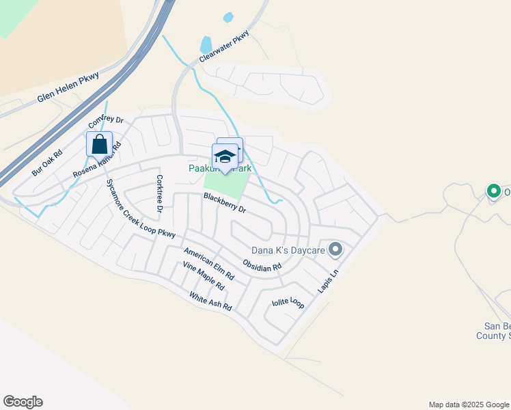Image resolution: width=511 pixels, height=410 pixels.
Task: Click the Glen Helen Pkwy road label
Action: pos(68,88)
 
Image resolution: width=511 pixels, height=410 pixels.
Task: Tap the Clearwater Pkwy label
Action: pos(225,47)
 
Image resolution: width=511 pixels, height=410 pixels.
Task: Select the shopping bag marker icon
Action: pos(99,145)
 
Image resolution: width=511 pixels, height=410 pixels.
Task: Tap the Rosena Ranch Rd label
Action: pos(97,161)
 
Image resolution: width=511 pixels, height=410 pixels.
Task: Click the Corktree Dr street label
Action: pos(158,194)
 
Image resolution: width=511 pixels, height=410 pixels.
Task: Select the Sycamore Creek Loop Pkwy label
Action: pos(141,208)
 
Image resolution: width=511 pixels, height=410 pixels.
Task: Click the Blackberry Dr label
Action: pos(224,204)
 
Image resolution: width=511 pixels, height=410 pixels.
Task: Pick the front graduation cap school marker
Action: pos(225,157)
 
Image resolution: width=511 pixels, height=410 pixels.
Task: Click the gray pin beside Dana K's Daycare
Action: pos(335,250)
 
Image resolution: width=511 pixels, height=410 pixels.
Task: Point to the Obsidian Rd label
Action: pos(262,265)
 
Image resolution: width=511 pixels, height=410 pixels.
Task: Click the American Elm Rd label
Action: pos(208,264)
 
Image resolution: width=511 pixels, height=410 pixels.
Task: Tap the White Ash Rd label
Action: pos(210,301)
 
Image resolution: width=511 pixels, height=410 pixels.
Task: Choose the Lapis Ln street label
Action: pos(328,282)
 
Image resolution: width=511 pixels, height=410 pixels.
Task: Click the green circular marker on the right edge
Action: pos(493,191)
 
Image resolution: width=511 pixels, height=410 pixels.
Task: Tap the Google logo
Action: pos(23,402)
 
